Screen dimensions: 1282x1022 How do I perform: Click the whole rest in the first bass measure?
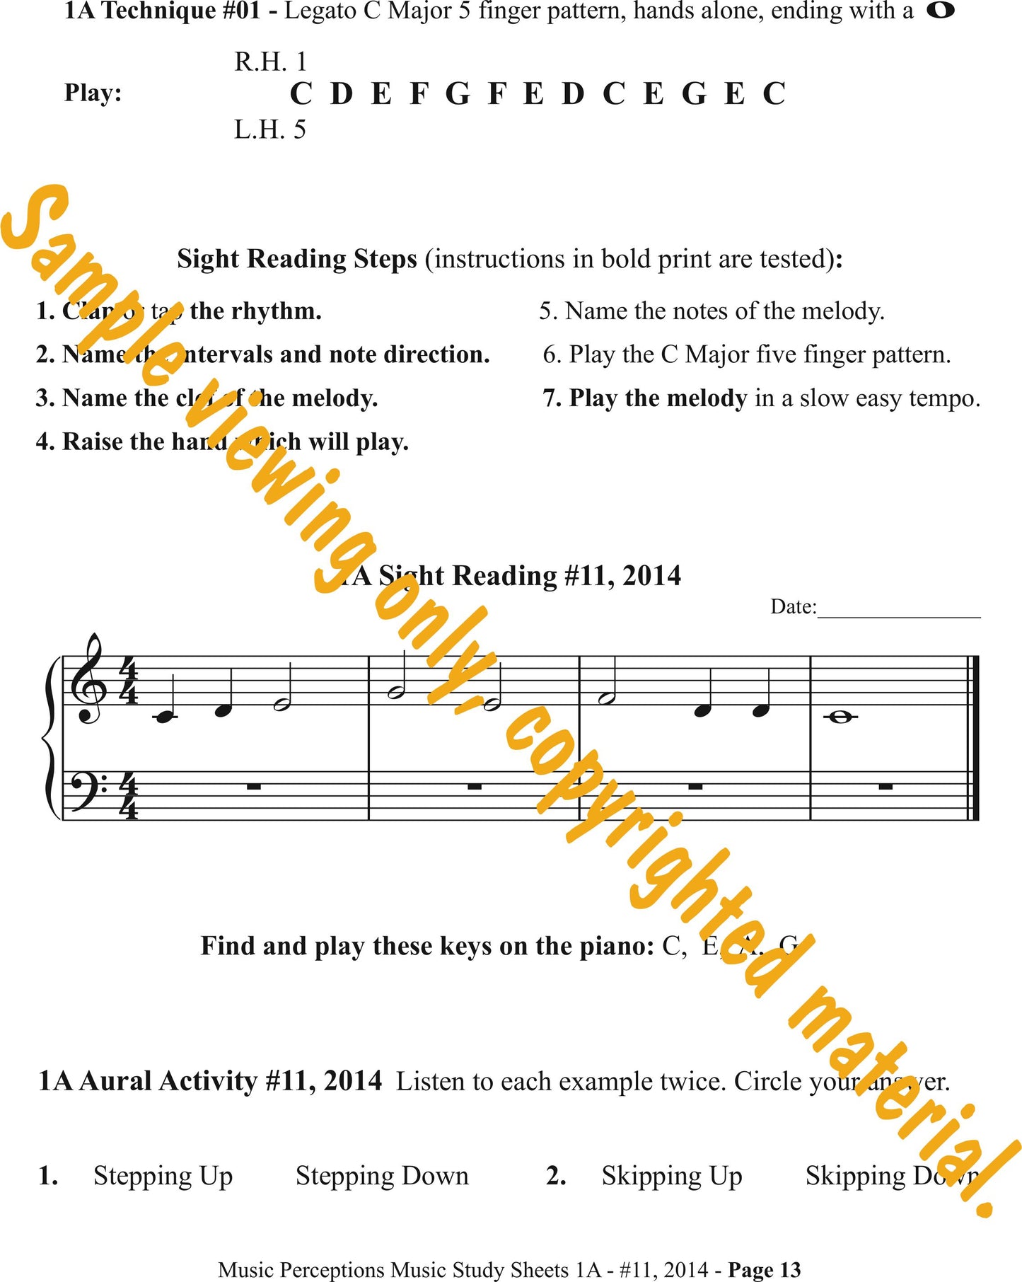pos(254,785)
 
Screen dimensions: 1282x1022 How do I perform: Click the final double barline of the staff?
pos(974,738)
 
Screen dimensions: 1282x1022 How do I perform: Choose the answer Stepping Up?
pos(163,1176)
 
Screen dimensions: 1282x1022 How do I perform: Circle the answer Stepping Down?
pos(382,1176)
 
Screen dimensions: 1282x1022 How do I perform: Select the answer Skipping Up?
pos(672,1176)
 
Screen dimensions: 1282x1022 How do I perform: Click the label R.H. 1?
pos(270,62)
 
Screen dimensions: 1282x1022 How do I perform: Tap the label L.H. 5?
pos(270,130)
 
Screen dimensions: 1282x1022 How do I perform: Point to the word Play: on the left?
pos(93,93)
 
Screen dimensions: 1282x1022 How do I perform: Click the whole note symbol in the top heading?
pos(940,11)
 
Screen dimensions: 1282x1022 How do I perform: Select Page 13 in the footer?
pos(765,1270)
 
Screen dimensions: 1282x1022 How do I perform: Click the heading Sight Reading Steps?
pos(297,259)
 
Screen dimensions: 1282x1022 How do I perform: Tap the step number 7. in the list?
pos(552,398)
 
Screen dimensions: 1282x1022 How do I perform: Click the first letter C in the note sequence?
pos(301,94)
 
